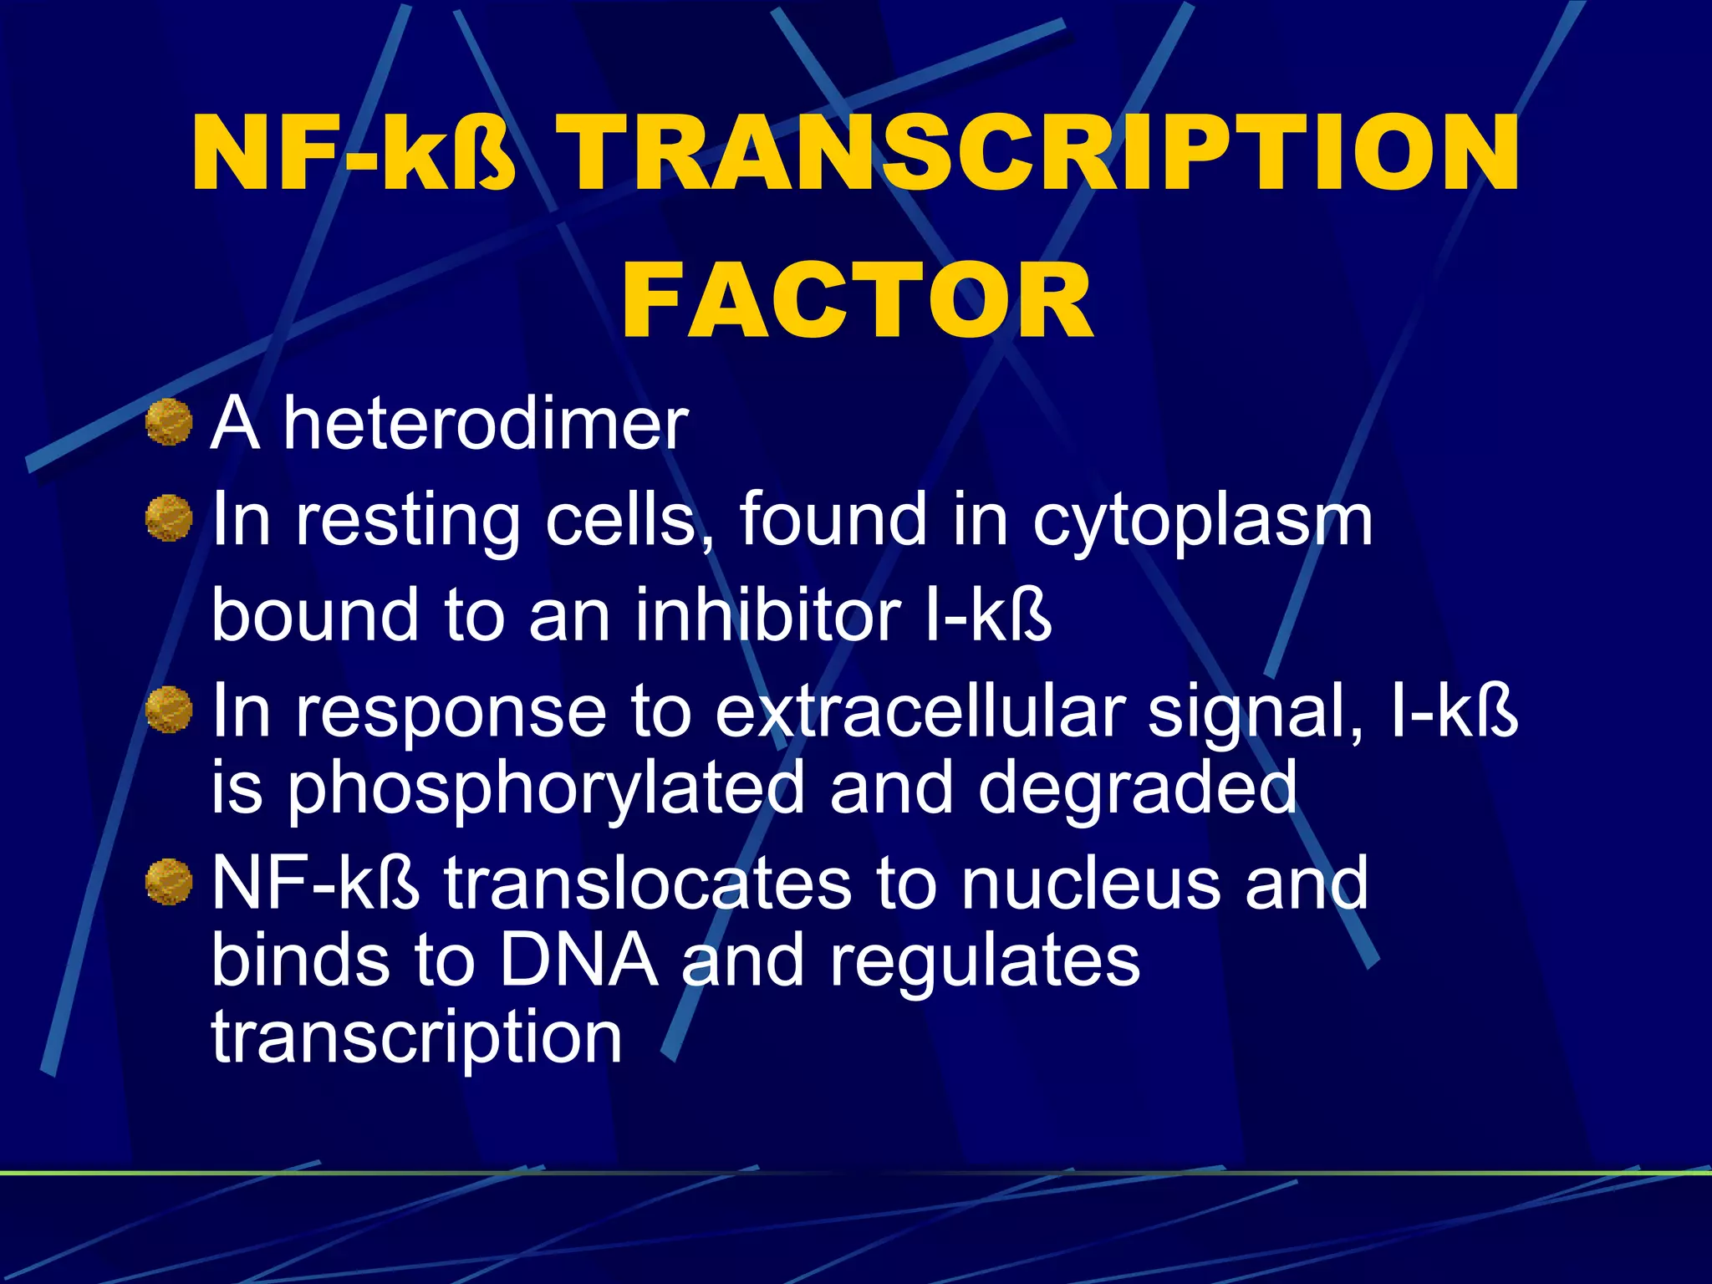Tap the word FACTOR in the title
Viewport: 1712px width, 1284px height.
857,301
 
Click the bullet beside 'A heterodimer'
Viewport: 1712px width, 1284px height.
169,422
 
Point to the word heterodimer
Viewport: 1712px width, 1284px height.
485,424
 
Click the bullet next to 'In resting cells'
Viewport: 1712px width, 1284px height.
169,518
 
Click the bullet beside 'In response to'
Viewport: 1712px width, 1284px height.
169,710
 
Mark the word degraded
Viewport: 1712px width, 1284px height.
1138,788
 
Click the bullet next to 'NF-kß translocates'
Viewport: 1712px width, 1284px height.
169,883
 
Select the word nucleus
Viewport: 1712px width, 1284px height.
1091,884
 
